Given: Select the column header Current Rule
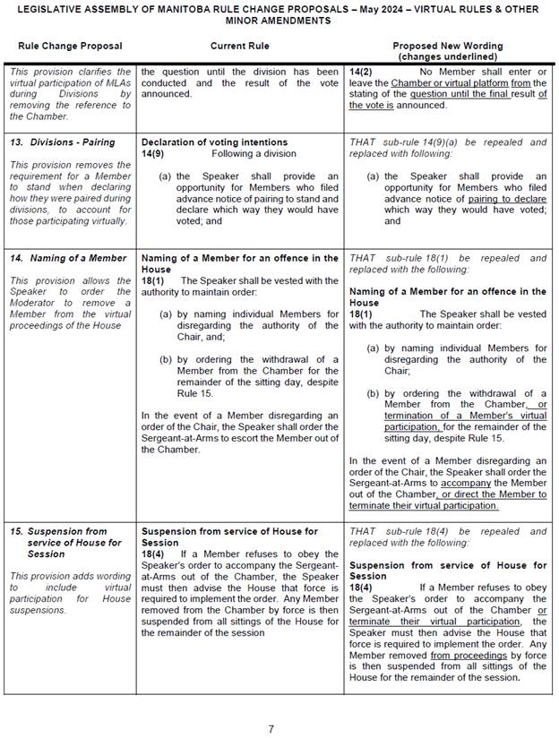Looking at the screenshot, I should (239, 46).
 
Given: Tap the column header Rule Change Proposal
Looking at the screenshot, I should (70, 46).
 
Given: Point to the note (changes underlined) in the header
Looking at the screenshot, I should (448, 56).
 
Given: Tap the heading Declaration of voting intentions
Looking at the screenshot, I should (214, 142).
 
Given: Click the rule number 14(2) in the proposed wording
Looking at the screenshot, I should (361, 72).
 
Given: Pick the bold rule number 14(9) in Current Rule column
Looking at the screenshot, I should (156, 153).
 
